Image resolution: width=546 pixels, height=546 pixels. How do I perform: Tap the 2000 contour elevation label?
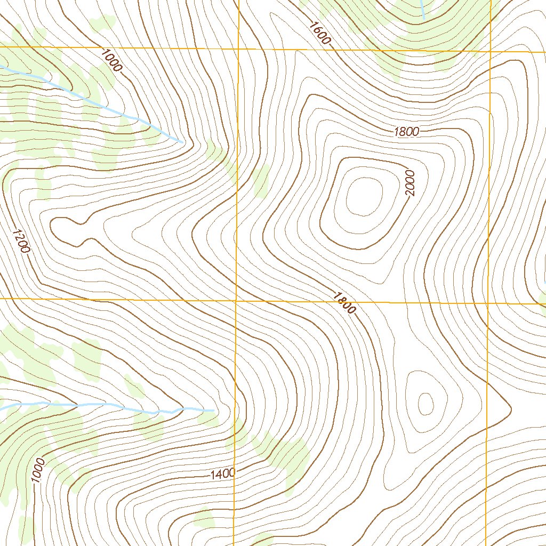point(409,183)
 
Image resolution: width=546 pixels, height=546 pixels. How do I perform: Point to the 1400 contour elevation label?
point(222,473)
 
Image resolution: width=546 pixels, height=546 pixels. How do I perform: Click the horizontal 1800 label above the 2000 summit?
point(407,132)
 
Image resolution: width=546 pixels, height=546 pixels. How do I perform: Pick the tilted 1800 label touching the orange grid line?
point(344,302)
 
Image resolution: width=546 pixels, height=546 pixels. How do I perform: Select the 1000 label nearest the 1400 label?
point(38,470)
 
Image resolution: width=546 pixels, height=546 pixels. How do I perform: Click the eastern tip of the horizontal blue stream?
point(213,410)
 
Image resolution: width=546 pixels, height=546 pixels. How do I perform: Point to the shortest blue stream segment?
point(422,10)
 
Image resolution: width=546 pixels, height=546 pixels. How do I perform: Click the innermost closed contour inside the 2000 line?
point(365,196)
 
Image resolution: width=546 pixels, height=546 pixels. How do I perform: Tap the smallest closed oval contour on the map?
point(425,404)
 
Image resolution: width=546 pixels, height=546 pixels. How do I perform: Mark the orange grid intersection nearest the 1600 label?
point(238,49)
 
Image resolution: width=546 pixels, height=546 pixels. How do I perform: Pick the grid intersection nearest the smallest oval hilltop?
point(488,303)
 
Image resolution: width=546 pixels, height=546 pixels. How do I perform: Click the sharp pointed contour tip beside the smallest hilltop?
point(511,409)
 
